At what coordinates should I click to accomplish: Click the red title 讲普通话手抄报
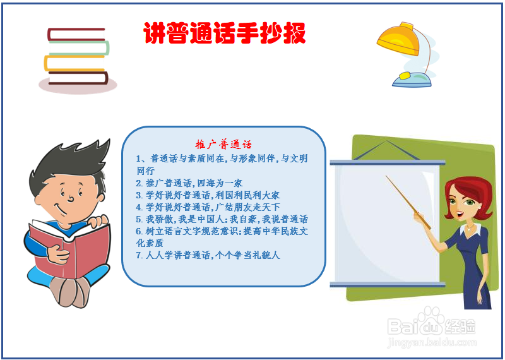tap(224, 33)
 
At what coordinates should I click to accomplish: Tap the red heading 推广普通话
tap(223, 145)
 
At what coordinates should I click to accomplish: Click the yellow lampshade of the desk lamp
tap(399, 39)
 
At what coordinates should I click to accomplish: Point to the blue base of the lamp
tap(412, 80)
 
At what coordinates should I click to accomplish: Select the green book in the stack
tap(80, 48)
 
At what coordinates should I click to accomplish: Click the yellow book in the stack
tap(74, 63)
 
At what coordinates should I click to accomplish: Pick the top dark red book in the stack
tap(76, 35)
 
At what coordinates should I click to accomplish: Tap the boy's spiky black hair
tap(71, 164)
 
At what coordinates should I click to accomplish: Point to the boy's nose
tap(71, 198)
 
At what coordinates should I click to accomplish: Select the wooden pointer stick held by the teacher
tap(408, 202)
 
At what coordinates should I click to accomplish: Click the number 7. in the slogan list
tap(139, 255)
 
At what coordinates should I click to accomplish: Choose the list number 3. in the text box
tap(139, 195)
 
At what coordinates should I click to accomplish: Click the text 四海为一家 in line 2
tap(220, 183)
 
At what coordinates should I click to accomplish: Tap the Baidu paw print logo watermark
tap(429, 321)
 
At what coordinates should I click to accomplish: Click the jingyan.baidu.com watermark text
tap(432, 342)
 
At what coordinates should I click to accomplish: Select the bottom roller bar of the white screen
tap(388, 285)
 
